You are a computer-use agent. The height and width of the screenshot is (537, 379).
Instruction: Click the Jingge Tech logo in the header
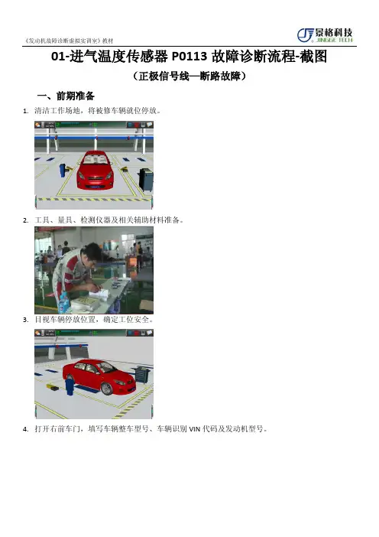coord(325,35)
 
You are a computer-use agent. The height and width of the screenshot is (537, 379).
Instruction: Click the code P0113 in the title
coord(189,57)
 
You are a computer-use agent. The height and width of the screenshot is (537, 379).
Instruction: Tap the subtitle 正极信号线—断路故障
coord(189,76)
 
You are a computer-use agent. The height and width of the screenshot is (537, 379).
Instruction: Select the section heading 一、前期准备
coord(66,96)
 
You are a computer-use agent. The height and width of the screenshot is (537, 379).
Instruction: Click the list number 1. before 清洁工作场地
coord(25,111)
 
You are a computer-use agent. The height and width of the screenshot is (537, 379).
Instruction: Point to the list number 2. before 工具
coord(25,220)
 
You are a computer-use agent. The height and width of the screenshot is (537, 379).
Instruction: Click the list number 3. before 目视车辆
coord(25,320)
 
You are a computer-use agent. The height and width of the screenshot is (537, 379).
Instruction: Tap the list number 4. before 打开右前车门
coord(25,429)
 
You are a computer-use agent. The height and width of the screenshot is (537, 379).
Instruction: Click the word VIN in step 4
coord(194,429)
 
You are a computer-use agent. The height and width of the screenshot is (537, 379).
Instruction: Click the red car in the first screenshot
coord(95,170)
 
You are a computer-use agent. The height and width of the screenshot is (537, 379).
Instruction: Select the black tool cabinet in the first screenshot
coord(146,180)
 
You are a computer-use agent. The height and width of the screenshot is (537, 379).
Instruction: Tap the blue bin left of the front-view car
coord(63,171)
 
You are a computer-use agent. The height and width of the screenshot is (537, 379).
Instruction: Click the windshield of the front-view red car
coord(95,159)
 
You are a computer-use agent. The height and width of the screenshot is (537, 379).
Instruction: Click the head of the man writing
coord(92,253)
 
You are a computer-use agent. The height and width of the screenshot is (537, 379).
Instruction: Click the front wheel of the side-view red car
coord(107,389)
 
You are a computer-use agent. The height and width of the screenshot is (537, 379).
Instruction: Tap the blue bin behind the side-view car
coord(70,385)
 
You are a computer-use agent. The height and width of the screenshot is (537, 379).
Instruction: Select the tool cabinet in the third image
coord(143,374)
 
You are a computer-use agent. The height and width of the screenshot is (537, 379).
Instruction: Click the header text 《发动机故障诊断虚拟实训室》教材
coord(69,41)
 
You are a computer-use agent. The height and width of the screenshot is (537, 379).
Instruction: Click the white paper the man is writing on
coord(99,294)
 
